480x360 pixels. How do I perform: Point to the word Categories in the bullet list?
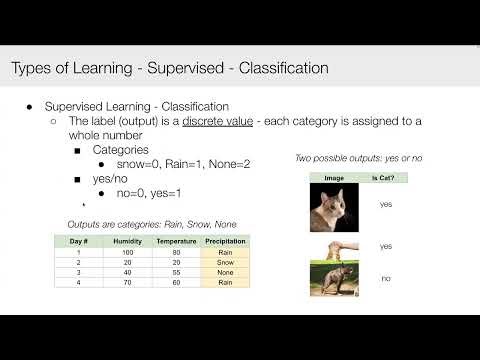[x=120, y=149]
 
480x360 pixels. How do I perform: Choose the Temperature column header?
[x=175, y=241]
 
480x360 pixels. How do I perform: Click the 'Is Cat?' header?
[x=381, y=177]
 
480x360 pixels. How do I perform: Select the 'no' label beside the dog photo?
[x=385, y=279]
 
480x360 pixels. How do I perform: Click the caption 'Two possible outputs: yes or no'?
[x=357, y=157]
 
